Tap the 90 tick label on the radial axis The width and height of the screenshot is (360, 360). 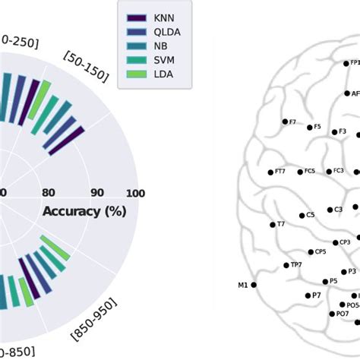[97, 193]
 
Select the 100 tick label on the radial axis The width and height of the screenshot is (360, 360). [134, 193]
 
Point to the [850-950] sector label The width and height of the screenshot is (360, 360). [95, 322]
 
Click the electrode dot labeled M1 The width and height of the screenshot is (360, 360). [254, 285]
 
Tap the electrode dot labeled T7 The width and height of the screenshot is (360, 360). [273, 224]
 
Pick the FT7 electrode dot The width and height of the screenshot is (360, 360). [271, 171]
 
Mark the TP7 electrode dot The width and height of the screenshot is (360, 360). [286, 265]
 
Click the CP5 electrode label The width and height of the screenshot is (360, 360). [321, 251]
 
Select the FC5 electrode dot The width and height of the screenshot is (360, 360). [299, 171]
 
